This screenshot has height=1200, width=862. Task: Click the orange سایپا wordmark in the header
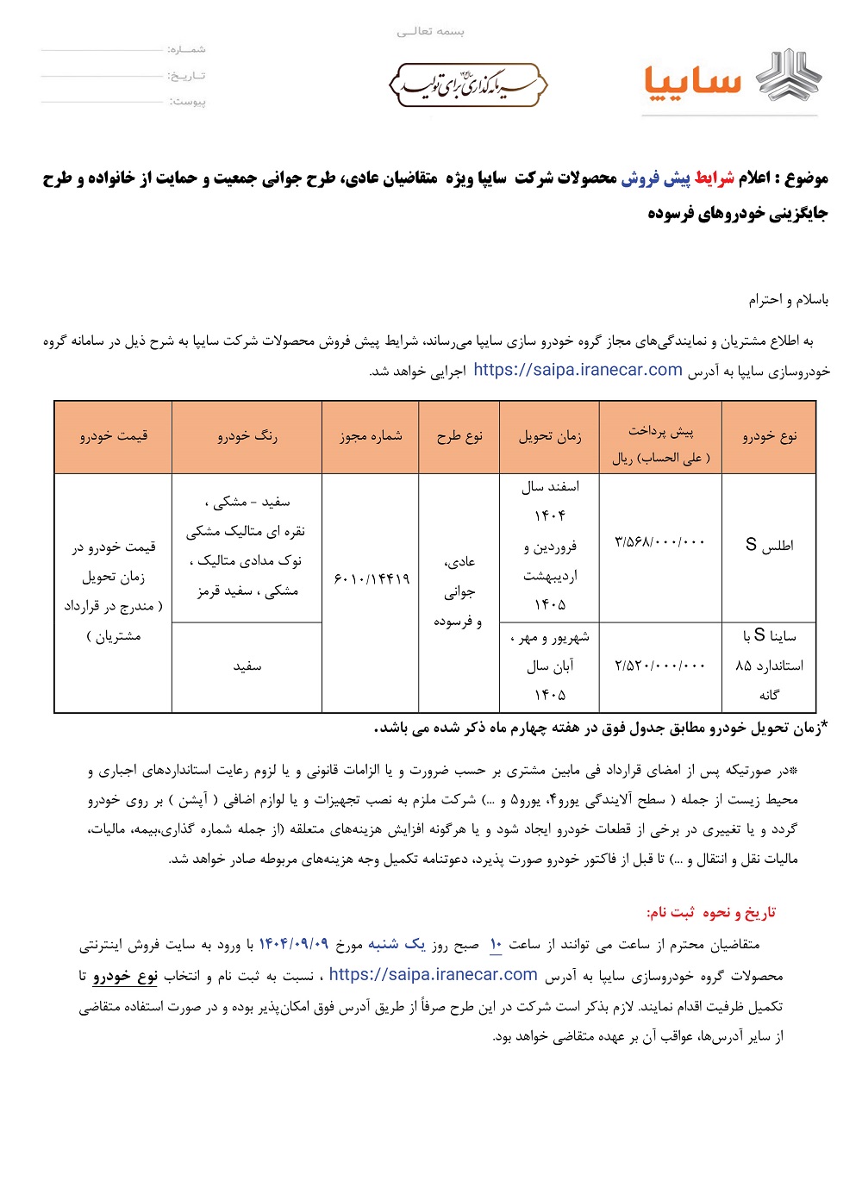pos(692,82)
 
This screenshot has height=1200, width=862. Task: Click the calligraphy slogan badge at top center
pos(468,84)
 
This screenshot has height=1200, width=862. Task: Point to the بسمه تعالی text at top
pos(430,32)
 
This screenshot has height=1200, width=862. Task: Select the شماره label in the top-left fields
pos(187,50)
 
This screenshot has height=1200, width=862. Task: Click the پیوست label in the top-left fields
pos(188,102)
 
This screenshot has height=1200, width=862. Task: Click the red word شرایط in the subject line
pos(714,178)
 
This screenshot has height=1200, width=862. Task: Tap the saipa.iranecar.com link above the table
pos(578,370)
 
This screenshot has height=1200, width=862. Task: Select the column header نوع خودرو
pos(769,436)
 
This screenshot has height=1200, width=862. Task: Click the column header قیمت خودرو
pos(114,436)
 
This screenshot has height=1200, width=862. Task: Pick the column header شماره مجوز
pos(371,436)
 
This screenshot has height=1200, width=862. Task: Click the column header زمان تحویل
pos(550,436)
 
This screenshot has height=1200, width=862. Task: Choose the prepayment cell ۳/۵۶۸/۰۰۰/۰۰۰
pos(660,542)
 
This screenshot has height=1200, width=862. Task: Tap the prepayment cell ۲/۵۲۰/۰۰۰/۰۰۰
pos(660,666)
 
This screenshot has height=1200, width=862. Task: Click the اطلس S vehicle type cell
pos(769,545)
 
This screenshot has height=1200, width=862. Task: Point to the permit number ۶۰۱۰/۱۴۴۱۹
pos(371,578)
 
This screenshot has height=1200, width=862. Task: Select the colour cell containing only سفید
pos(247,666)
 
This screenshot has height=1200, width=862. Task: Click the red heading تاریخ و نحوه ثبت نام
pos(711,912)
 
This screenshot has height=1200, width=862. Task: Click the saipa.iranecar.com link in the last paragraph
pos(433,975)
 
